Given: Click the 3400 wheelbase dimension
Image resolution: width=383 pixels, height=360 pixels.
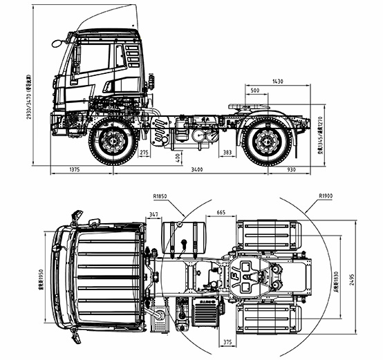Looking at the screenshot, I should pyautogui.click(x=197, y=169).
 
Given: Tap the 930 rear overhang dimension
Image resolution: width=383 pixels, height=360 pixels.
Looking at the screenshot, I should pyautogui.click(x=290, y=169).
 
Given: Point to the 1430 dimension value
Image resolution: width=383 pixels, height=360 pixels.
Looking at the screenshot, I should pyautogui.click(x=277, y=82).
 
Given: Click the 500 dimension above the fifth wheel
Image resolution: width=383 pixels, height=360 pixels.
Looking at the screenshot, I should pyautogui.click(x=255, y=91).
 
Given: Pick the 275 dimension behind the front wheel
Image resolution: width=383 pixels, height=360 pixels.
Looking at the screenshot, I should pyautogui.click(x=144, y=152).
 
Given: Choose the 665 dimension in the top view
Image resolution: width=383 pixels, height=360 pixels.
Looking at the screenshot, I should pyautogui.click(x=221, y=214).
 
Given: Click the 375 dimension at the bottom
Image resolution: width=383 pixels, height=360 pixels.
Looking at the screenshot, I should pyautogui.click(x=228, y=341).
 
